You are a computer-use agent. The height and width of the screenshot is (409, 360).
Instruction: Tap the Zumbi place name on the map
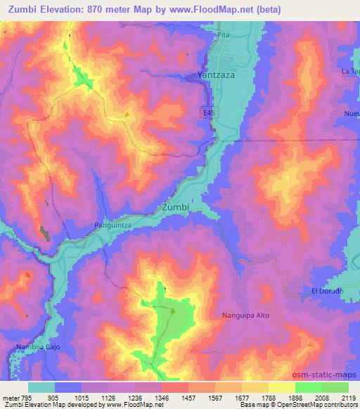pos(175,208)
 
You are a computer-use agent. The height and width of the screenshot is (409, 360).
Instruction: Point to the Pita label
pos(224,34)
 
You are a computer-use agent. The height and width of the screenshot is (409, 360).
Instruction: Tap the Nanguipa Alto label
pos(245,316)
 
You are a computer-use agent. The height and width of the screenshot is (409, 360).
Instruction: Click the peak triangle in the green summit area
pos(173,309)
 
